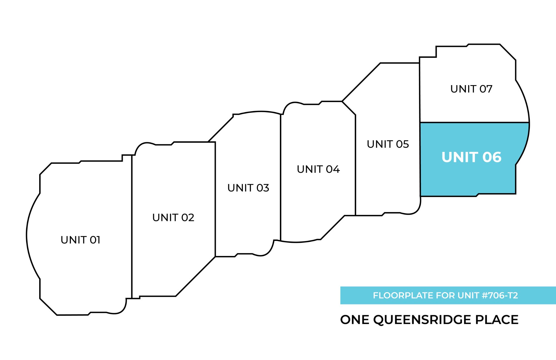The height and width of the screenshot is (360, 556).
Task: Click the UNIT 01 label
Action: pyautogui.click(x=80, y=240)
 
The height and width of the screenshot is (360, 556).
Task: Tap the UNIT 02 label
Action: pyautogui.click(x=173, y=218)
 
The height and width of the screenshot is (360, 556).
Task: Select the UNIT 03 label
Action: pyautogui.click(x=248, y=188)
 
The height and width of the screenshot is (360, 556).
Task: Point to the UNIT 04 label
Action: pyautogui.click(x=318, y=169)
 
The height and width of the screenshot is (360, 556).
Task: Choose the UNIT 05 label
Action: pyautogui.click(x=388, y=144)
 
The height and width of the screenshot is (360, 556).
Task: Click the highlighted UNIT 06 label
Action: pyautogui.click(x=471, y=157)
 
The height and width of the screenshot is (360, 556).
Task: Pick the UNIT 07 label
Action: pyautogui.click(x=471, y=89)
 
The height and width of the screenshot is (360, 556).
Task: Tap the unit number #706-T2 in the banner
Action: pyautogui.click(x=500, y=295)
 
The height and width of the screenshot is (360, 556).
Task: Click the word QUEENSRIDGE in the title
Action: pyautogui.click(x=422, y=320)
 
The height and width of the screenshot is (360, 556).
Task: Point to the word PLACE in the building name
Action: pyautogui.click(x=497, y=320)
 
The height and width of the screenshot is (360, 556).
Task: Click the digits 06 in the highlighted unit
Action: pyautogui.click(x=492, y=157)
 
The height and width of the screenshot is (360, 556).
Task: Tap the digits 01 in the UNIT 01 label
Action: pyautogui.click(x=95, y=240)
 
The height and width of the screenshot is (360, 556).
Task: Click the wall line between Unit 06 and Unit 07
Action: pyautogui.click(x=473, y=122)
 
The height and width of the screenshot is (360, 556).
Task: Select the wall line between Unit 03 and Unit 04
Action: pyautogui.click(x=281, y=178)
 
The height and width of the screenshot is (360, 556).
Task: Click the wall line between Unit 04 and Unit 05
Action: pyautogui.click(x=355, y=167)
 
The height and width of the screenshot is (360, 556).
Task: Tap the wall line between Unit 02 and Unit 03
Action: pyautogui.click(x=215, y=200)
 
